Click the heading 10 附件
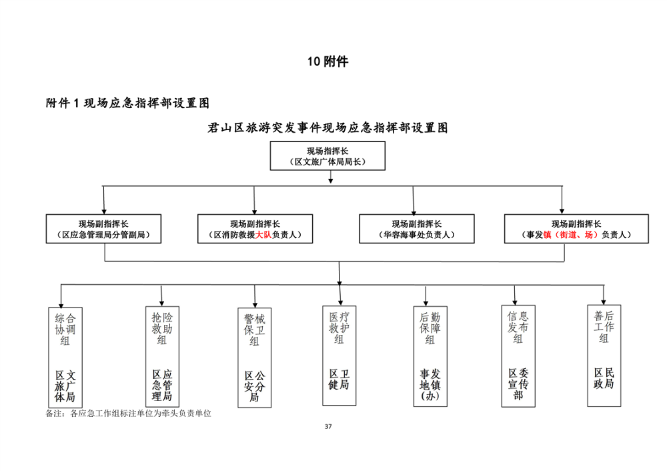327,62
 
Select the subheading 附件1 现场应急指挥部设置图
127,103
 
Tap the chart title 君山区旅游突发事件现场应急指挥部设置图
327,128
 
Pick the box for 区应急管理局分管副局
103,229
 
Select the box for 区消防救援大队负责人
255,229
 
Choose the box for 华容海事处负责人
416,229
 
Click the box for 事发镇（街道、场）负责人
576,229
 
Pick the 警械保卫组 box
255,357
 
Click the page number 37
327,426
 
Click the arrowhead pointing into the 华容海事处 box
414,210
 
